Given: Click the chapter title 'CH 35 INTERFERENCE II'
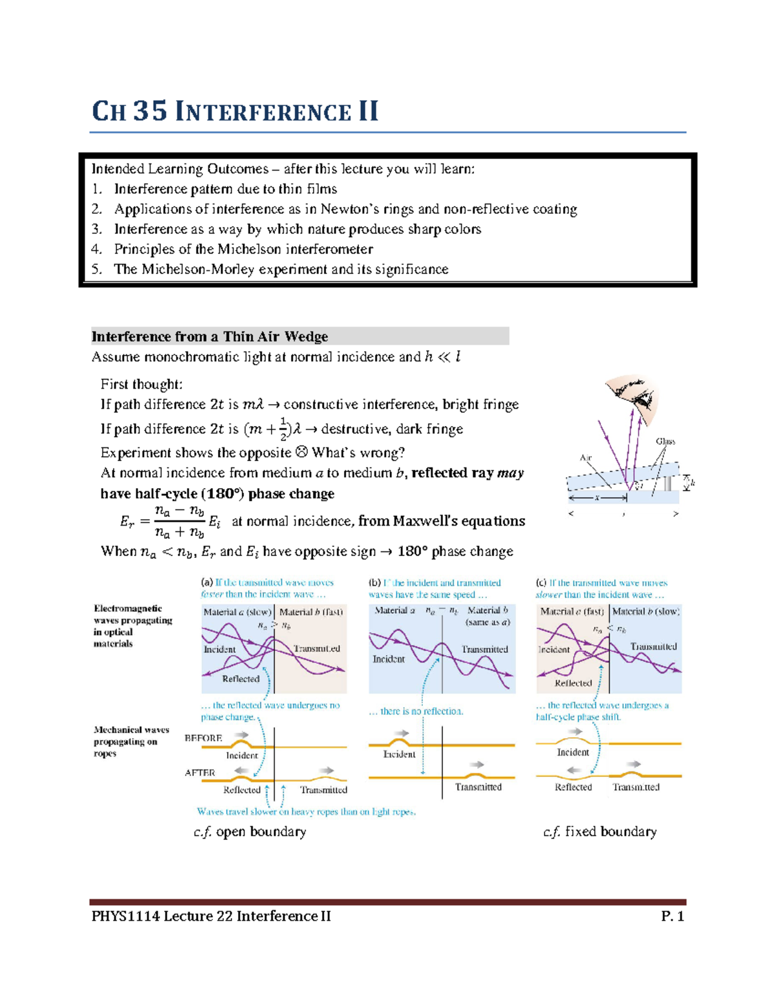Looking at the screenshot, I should point(235,111).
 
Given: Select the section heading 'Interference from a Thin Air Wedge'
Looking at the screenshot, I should point(210,336).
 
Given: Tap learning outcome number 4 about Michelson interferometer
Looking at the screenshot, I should point(243,249).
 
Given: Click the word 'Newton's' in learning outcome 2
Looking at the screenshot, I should point(359,209).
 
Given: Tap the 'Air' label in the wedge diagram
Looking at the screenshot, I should point(585,457).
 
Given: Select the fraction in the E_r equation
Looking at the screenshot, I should point(180,522).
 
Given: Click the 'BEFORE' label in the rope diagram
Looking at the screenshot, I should point(203,738).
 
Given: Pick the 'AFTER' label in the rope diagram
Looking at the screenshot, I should point(200,773).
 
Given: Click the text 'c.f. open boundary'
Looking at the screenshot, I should point(250,831).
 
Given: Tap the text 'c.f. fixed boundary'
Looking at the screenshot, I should point(599,831).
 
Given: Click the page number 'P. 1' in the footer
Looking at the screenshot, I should point(672,916).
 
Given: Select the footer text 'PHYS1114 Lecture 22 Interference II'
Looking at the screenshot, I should point(211,916).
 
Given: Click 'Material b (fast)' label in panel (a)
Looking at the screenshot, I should point(310,612).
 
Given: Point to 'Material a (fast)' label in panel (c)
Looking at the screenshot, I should point(572,612).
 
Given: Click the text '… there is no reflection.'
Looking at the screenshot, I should point(416,711).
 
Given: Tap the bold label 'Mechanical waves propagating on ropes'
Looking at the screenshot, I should point(131,742).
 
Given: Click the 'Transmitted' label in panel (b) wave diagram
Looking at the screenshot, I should point(484,649).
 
